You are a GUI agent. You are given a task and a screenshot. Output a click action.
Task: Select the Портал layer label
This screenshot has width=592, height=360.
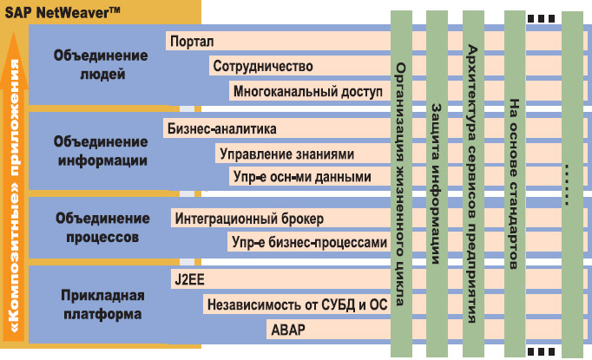point(193,41)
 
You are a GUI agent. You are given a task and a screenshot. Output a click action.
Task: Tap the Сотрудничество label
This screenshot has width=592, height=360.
point(262,66)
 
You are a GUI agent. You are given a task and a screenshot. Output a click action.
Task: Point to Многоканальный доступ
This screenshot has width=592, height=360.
point(307,91)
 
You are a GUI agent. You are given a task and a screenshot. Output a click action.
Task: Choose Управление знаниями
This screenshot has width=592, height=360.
point(287,154)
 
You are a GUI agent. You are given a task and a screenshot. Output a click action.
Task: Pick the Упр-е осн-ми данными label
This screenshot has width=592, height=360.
point(301,177)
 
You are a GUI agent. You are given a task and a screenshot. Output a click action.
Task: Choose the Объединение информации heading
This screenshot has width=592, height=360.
point(101,151)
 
